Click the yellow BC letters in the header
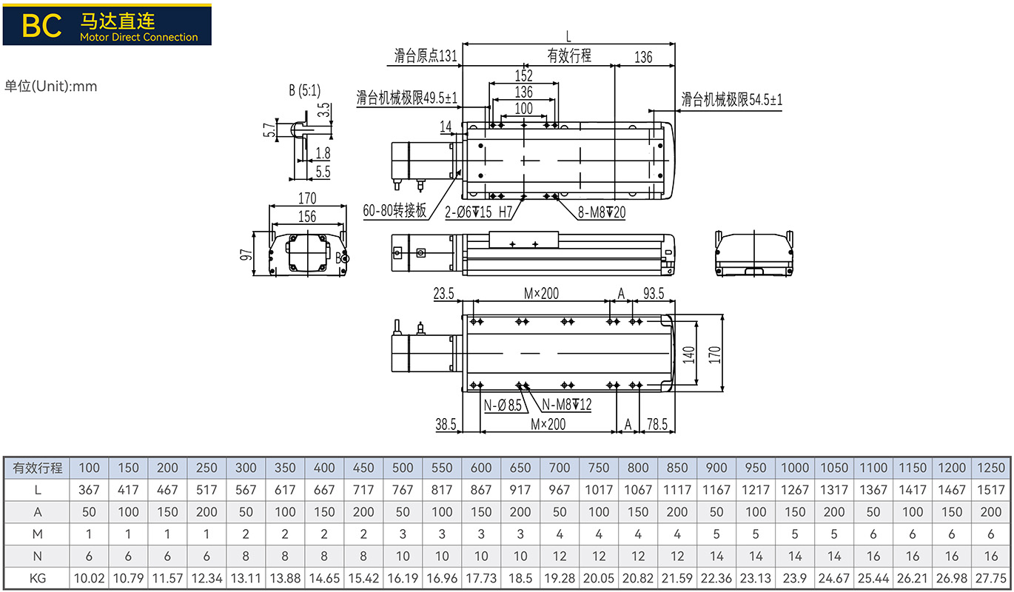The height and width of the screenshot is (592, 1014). click(41, 26)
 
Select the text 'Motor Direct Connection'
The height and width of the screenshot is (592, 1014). click(139, 37)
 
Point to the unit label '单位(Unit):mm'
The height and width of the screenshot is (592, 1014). click(50, 86)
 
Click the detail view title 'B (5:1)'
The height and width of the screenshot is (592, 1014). click(305, 90)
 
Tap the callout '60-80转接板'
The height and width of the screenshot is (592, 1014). click(394, 210)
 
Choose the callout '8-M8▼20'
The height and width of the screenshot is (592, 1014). click(602, 212)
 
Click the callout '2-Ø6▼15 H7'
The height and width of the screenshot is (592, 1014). click(478, 212)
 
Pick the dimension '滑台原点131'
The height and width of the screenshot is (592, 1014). click(426, 55)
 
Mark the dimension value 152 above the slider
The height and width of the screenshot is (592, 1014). click(524, 75)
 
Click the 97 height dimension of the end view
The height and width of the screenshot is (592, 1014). click(246, 255)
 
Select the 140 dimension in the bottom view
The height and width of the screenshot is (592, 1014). click(688, 354)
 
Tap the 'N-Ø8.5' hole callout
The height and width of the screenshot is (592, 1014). click(503, 405)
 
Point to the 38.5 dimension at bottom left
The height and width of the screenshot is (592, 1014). click(446, 424)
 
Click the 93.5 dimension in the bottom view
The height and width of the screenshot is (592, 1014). click(654, 294)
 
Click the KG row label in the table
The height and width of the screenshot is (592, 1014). click(38, 579)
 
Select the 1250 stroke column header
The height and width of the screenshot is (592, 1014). click(991, 468)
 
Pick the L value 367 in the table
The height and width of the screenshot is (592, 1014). click(89, 490)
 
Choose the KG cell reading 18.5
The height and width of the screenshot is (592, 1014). click(520, 579)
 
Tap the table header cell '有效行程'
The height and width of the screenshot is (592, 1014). click(37, 468)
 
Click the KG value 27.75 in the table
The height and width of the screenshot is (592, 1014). click(991, 579)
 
